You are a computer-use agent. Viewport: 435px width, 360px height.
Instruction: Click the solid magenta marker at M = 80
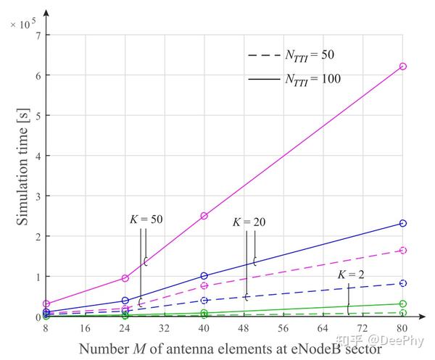click(403, 67)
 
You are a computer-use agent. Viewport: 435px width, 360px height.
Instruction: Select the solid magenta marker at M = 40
click(204, 216)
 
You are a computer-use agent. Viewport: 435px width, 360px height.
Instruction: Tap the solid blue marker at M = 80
click(403, 223)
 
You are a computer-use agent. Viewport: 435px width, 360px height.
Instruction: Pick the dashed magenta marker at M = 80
click(403, 250)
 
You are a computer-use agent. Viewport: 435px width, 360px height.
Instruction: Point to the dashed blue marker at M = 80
click(403, 283)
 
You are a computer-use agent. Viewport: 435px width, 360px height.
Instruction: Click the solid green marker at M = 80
click(403, 304)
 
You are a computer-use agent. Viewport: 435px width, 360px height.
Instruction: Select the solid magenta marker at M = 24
click(125, 278)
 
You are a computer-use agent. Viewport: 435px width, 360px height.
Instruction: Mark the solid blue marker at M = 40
click(204, 276)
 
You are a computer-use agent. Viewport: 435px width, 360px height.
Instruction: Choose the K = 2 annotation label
click(352, 275)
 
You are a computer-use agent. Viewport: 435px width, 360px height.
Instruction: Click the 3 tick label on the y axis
click(36, 196)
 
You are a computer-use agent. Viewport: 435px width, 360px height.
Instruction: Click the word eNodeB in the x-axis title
click(307, 349)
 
